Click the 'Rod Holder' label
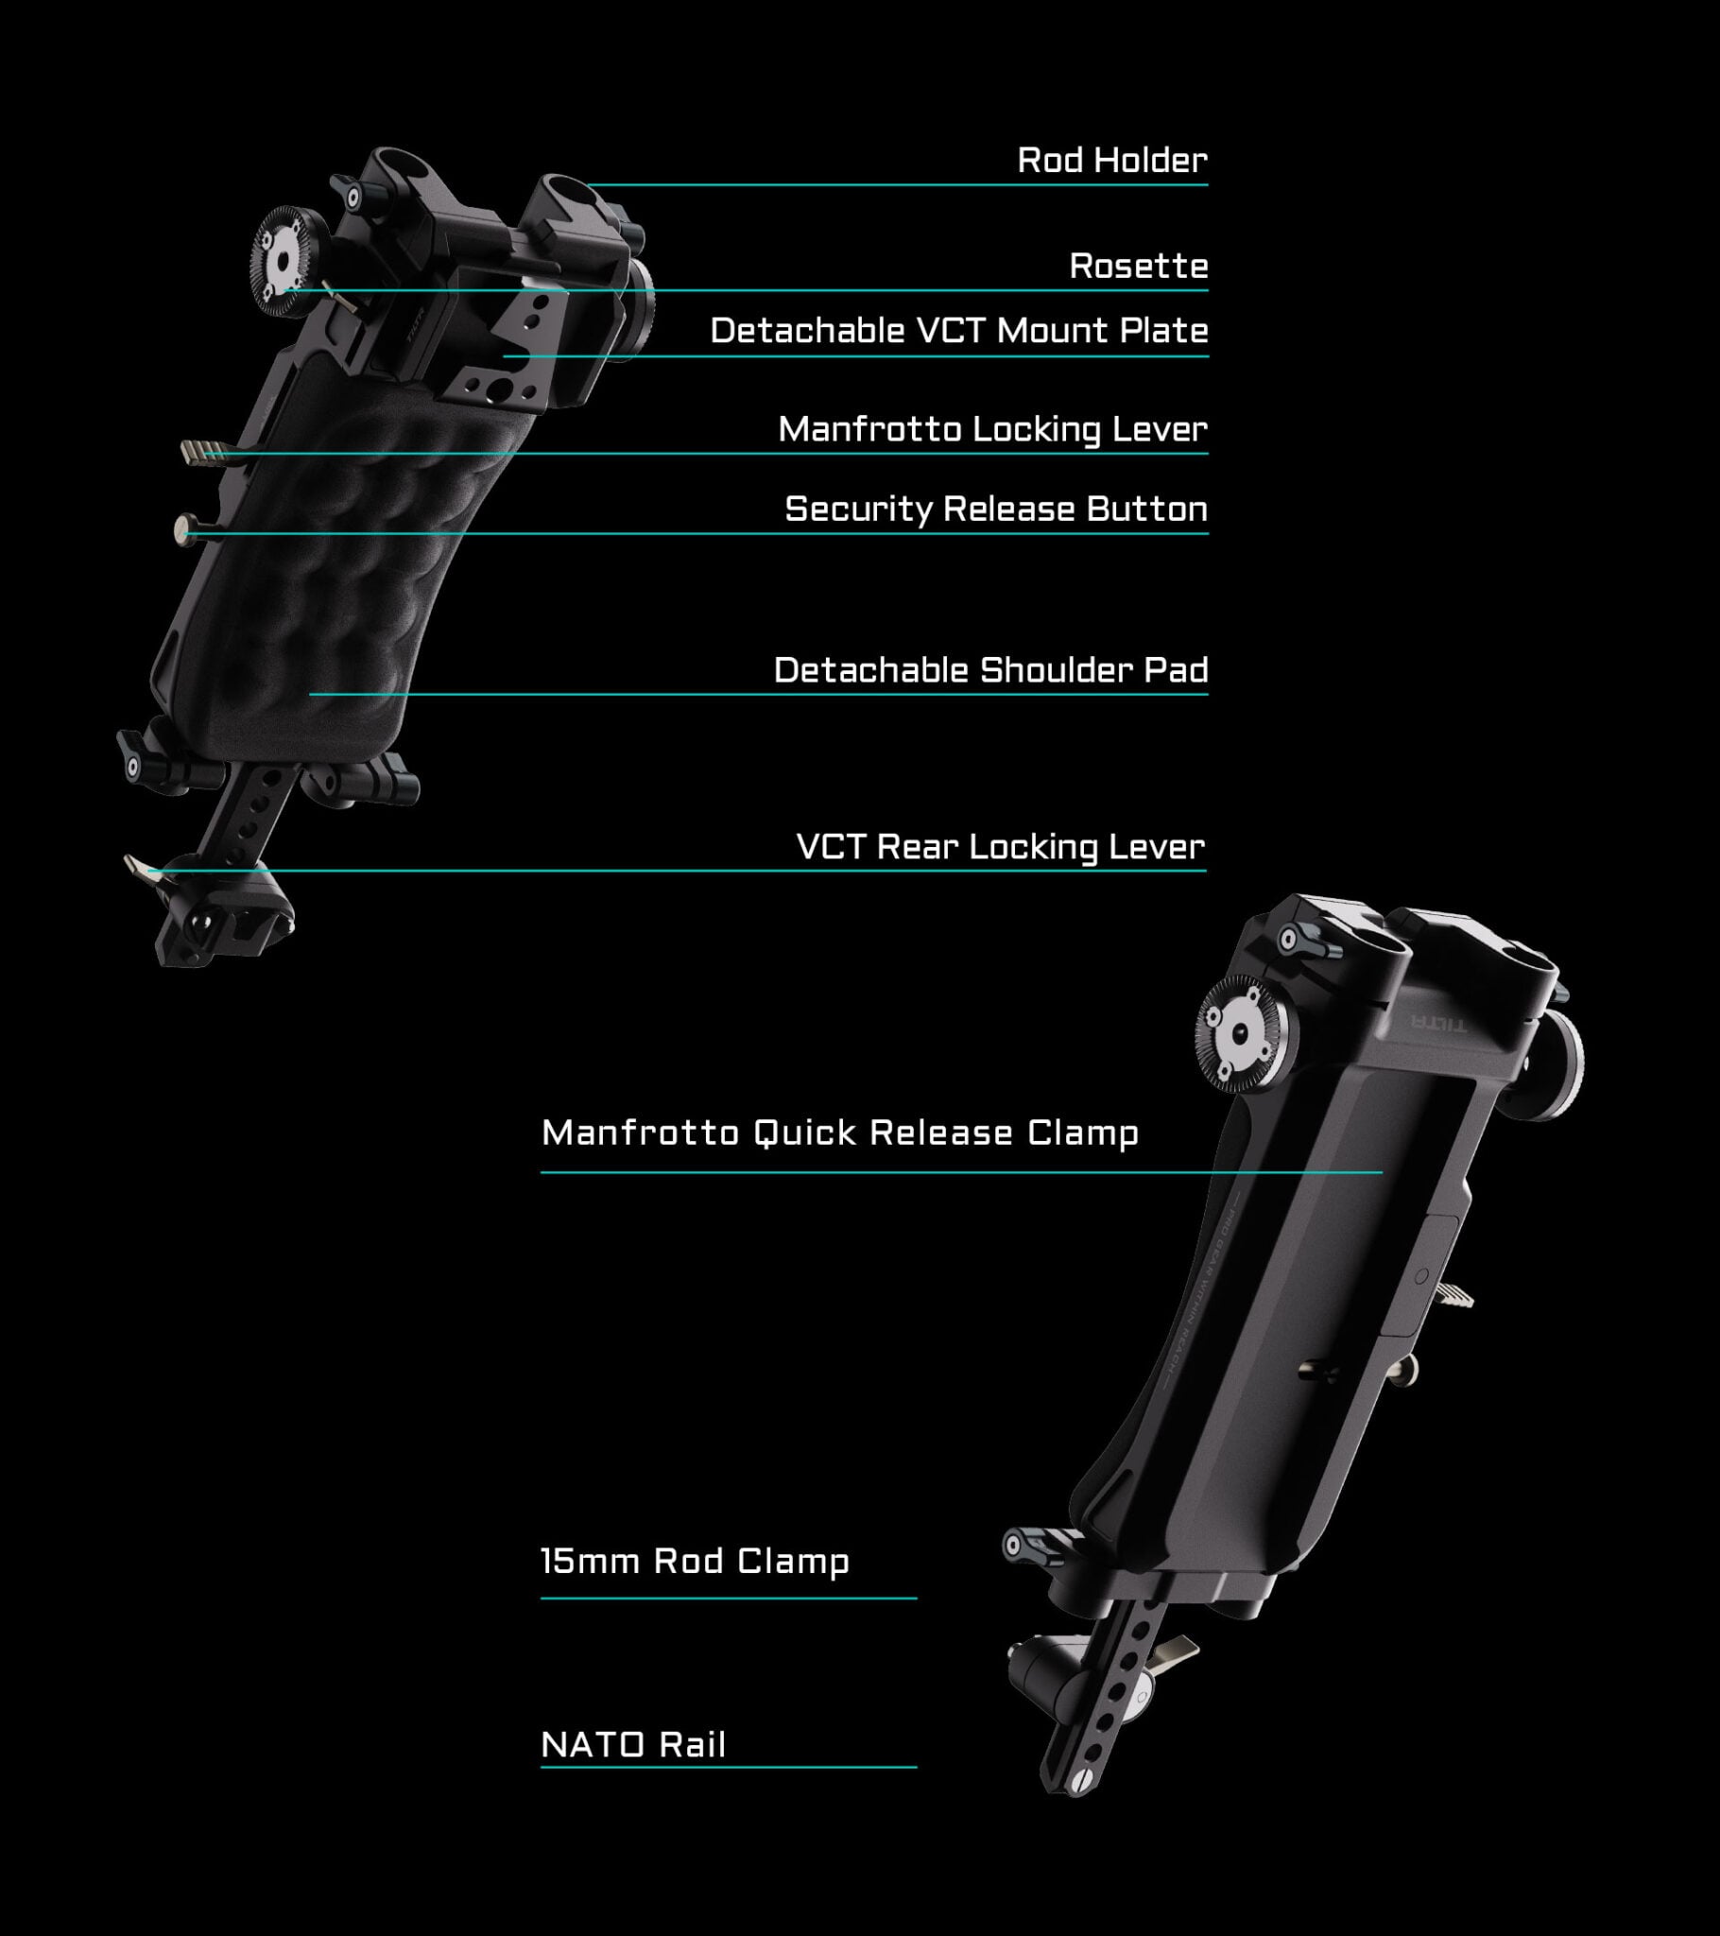pos(1112,160)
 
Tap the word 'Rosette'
pos(1138,267)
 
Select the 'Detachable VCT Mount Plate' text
pos(958,331)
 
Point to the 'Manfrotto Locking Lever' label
pos(991,429)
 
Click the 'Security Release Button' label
pos(995,509)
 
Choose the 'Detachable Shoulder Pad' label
pos(989,669)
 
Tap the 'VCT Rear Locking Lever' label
pos(1000,846)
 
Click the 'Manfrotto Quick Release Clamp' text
pos(839,1132)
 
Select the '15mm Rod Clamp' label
pos(695,1560)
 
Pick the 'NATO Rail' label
pos(632,1744)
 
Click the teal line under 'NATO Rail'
pos(728,1767)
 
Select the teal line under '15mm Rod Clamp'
pos(728,1598)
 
